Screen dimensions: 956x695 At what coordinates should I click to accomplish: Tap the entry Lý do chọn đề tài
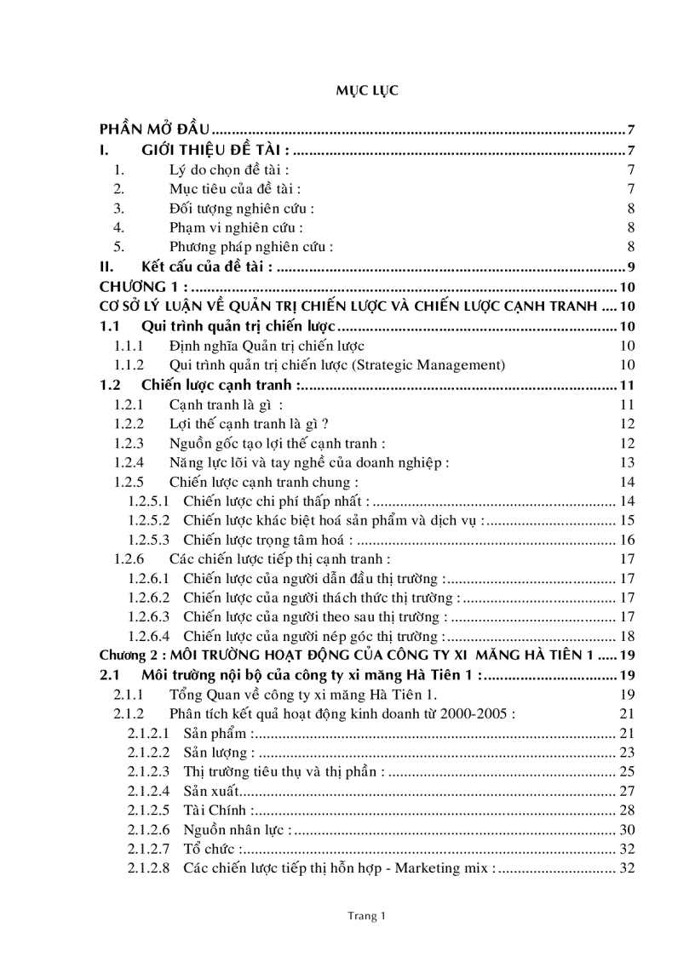229,170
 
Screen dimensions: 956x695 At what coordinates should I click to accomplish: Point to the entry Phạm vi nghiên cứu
236,227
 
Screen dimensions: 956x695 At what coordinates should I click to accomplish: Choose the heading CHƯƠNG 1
141,287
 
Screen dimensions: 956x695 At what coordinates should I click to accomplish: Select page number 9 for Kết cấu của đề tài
632,267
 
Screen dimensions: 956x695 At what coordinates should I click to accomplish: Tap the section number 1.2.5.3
149,540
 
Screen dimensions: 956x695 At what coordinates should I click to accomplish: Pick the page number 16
628,540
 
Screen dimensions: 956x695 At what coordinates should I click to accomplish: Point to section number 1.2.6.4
149,636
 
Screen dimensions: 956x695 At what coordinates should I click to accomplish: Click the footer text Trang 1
367,916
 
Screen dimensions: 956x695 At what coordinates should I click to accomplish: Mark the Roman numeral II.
106,267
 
